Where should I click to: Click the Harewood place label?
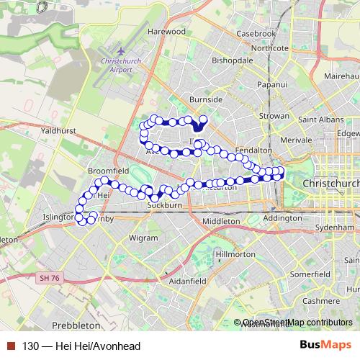click(x=166, y=32)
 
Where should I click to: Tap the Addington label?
click(x=282, y=217)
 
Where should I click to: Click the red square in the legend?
click(x=12, y=346)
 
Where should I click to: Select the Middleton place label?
click(x=220, y=221)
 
